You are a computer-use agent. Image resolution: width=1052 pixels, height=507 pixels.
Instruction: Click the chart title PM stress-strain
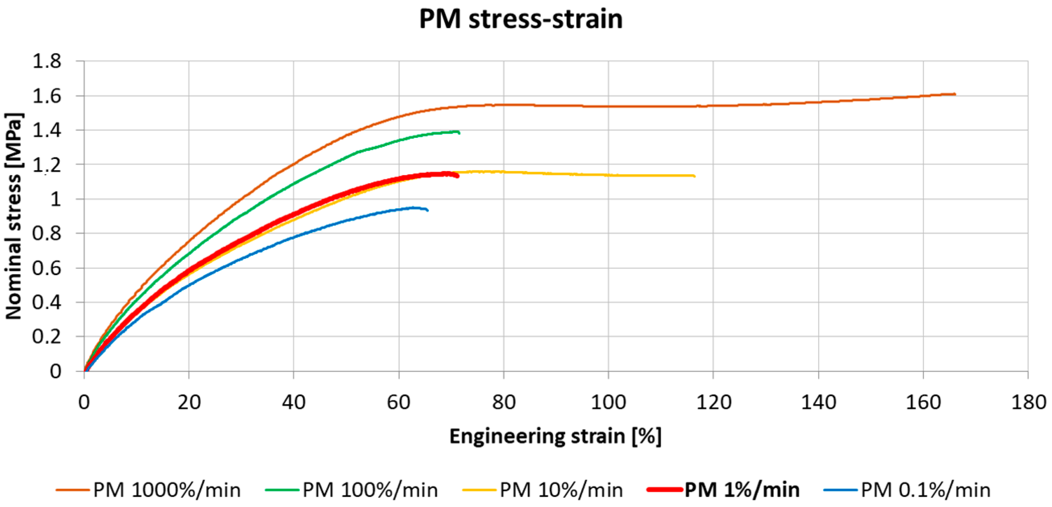pos(521,19)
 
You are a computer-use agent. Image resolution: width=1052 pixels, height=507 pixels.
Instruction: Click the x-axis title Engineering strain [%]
pos(555,436)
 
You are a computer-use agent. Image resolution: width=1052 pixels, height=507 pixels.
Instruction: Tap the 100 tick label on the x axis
pos(608,402)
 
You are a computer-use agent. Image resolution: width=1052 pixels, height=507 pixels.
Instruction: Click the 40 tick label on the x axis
pos(294,402)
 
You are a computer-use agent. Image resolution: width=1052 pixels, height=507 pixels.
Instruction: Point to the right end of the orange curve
pos(955,94)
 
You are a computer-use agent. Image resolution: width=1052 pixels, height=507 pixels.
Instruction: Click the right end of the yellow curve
pos(695,176)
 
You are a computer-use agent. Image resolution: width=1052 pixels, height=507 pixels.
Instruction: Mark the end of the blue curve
pos(427,210)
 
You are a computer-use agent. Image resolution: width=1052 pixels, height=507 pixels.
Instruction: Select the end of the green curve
pos(459,133)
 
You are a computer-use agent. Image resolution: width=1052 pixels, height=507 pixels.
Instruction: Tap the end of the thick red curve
pos(458,176)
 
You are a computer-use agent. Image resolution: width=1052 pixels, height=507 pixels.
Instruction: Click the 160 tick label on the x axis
pos(923,402)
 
